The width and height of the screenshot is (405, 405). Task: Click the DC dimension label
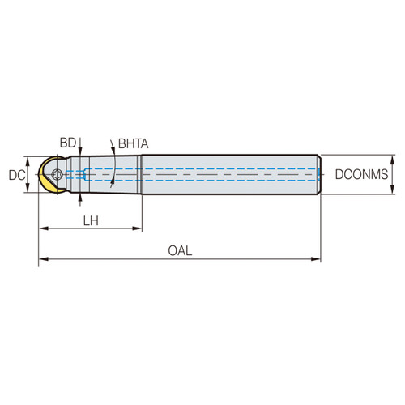point(15,175)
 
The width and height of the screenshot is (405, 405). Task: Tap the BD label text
point(69,140)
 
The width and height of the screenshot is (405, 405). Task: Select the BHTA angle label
point(133,144)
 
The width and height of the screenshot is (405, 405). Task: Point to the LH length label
point(91,220)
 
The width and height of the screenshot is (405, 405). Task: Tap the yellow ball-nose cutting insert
point(47,175)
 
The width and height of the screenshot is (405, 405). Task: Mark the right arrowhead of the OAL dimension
point(317,260)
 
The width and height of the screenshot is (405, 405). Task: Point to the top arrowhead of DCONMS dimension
point(394,157)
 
